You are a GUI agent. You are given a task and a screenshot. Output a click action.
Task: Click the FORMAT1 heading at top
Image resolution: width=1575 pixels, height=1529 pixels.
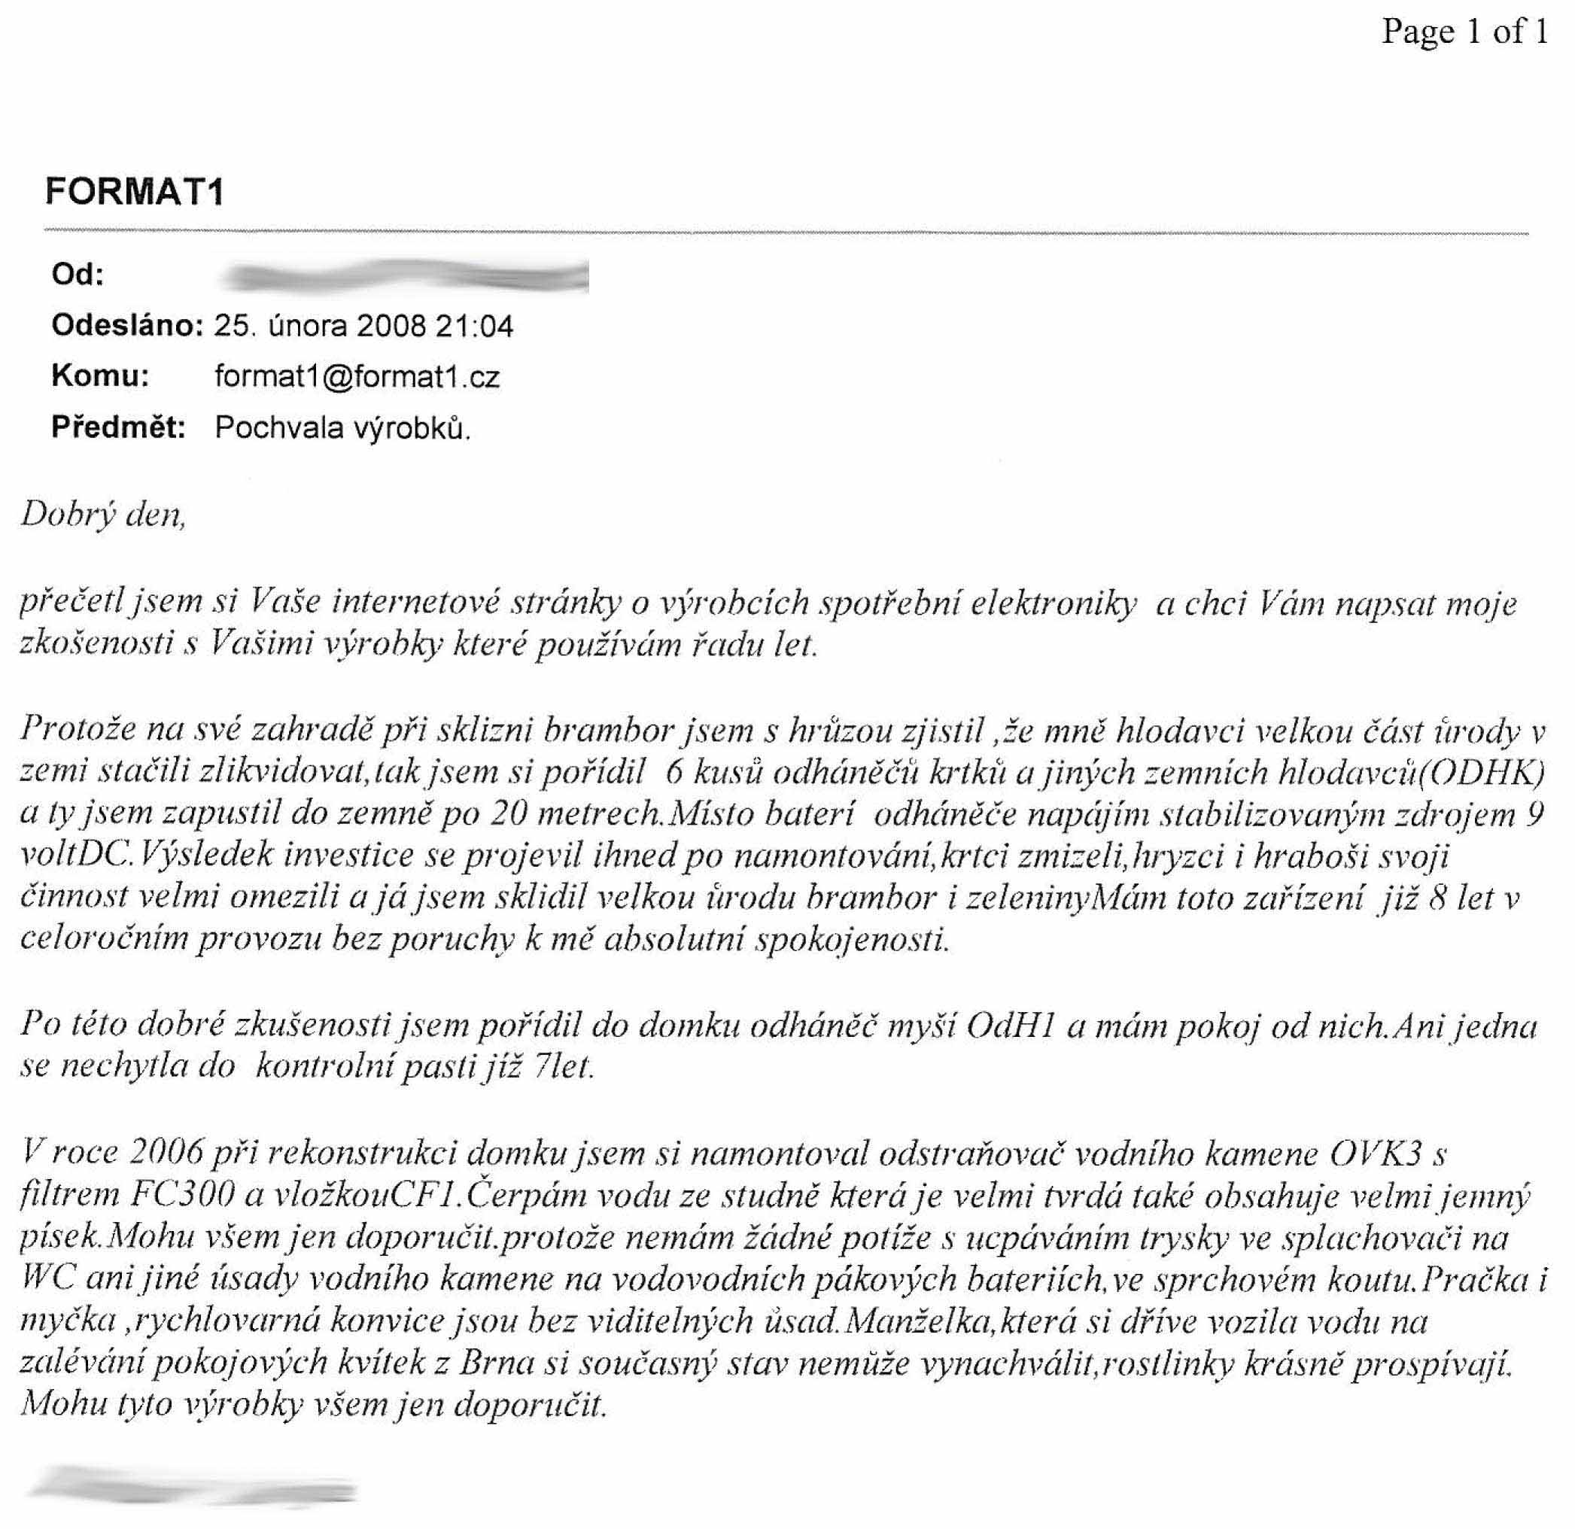(134, 192)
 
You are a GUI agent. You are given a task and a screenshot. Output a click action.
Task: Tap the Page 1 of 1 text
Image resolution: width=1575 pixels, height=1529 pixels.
(1464, 32)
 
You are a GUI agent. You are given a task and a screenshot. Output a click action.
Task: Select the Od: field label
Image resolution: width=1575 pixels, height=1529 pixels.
(78, 275)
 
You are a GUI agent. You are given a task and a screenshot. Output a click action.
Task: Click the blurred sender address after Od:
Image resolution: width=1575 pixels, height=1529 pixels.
(406, 275)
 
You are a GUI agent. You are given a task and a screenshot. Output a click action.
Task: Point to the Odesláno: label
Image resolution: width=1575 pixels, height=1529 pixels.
(126, 325)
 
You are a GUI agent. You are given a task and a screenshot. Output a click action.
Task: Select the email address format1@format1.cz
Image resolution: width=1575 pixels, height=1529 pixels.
(357, 377)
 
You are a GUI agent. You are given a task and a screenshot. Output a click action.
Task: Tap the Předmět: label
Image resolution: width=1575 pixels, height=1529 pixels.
(118, 427)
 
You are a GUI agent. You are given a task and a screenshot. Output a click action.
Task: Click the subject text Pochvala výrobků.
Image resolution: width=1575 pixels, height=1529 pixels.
(342, 428)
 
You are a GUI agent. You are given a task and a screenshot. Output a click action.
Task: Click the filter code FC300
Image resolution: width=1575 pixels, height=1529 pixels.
(182, 1196)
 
